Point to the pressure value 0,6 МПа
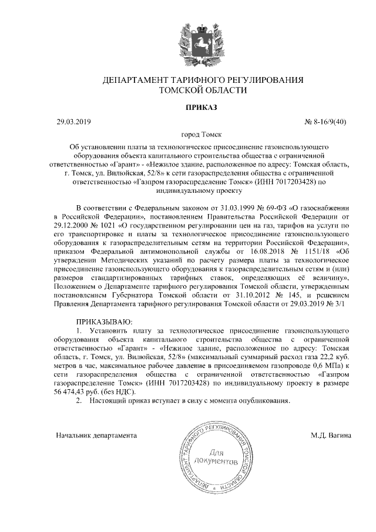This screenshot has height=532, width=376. pyautogui.click(x=331, y=357)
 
